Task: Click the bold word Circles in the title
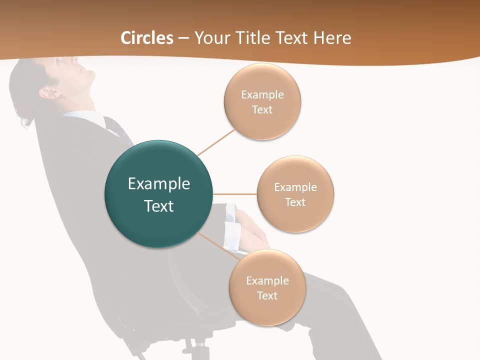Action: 147,38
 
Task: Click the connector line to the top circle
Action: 216,142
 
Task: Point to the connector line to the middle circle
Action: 235,194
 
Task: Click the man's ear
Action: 49,92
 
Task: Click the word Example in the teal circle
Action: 159,184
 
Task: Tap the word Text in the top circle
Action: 262,110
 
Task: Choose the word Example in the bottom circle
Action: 267,280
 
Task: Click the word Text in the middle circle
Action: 295,202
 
